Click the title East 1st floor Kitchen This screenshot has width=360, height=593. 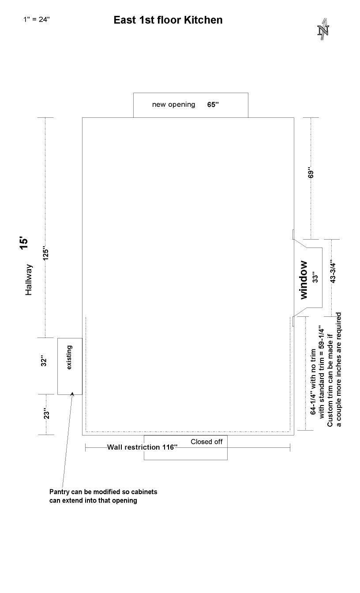tap(168, 20)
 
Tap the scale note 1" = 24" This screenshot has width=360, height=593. tap(37, 19)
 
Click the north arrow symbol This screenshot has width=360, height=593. tap(323, 29)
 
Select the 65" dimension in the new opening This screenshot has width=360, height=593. tap(213, 104)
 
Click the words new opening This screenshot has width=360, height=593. tap(174, 105)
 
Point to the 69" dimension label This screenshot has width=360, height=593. tap(311, 173)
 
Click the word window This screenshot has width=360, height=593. tap(304, 280)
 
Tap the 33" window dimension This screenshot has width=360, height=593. tap(315, 277)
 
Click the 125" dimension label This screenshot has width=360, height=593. tap(46, 253)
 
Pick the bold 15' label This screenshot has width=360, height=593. tap(24, 243)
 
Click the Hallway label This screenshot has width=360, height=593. tap(28, 280)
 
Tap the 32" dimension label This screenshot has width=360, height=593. tap(44, 360)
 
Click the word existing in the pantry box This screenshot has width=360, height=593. tap(69, 357)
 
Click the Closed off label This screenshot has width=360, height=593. tap(206, 442)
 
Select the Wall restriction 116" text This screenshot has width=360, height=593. tap(142, 447)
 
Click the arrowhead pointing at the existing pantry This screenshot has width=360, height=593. tap(72, 394)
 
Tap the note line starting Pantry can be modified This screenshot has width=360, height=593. tap(103, 492)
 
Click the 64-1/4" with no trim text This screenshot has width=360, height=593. tap(313, 382)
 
